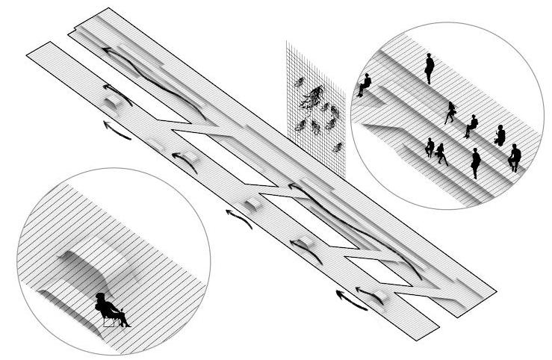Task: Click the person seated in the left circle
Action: [110, 308]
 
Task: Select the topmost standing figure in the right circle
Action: [429, 67]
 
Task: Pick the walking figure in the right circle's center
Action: [450, 113]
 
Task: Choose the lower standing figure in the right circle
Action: [475, 163]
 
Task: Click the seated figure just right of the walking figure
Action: [471, 125]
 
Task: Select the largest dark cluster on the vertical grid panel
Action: [313, 96]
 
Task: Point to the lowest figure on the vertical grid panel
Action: [338, 147]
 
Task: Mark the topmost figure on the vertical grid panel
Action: [299, 81]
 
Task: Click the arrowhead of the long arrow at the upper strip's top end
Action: [107, 51]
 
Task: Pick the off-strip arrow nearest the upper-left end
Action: [115, 131]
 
